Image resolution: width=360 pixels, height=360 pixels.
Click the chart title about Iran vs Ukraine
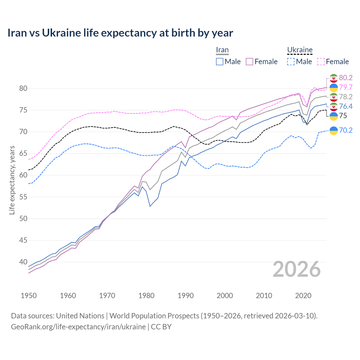click(120, 33)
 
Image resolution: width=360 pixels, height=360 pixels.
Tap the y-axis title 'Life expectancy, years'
click(12, 180)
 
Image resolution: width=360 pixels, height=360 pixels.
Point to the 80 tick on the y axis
click(23, 88)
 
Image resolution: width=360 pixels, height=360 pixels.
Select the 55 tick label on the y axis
click(23, 197)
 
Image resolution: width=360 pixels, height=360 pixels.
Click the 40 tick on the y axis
click(23, 262)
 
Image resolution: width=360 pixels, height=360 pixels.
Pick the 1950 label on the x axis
click(29, 296)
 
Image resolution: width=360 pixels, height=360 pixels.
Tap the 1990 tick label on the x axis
click(186, 296)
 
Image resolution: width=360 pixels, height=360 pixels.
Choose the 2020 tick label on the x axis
click(303, 296)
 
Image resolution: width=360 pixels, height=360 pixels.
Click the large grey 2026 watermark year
click(297, 269)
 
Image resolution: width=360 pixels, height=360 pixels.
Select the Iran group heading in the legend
click(222, 50)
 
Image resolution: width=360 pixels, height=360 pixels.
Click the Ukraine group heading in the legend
click(300, 50)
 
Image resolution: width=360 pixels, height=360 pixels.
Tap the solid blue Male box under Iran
click(220, 62)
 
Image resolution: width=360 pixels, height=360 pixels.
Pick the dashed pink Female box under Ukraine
click(321, 62)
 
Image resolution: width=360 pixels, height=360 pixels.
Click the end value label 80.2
click(346, 78)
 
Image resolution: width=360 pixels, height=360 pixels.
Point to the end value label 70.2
click(346, 130)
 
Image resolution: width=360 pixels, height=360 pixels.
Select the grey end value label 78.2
click(346, 97)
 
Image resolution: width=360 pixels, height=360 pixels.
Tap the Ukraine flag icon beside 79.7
click(334, 87)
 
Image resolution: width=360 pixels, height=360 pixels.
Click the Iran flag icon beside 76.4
click(334, 107)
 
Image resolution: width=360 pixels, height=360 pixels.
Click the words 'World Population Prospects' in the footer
click(154, 316)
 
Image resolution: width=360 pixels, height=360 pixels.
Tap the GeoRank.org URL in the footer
click(78, 327)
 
